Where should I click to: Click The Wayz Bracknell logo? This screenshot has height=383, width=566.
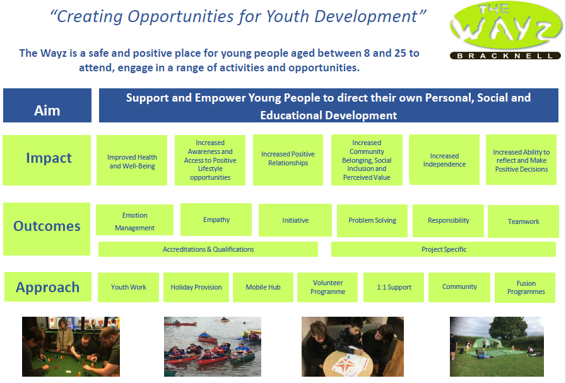pos(505,30)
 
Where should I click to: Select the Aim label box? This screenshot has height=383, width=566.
pos(47,105)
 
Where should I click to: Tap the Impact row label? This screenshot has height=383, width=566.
pos(47,160)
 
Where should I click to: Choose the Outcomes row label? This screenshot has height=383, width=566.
pos(47,229)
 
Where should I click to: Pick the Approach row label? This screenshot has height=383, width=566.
pos(48,287)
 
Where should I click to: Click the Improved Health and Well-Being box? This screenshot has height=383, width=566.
pos(132,160)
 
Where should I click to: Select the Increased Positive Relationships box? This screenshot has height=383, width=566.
pos(288,160)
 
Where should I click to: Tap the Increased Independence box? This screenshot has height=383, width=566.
pos(444,160)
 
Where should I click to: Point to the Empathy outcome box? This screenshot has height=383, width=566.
pos(216,220)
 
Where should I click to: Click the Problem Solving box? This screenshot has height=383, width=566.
pos(372,221)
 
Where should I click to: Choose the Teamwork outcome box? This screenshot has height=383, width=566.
pos(523,221)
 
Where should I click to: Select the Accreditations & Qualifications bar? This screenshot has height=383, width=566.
pos(208,249)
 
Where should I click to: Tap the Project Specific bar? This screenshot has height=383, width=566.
pos(444,249)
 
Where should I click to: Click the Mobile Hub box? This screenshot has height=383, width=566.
pos(263,287)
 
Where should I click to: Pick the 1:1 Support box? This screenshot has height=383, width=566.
pos(394,287)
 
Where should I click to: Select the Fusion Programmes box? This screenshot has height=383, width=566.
pos(525,287)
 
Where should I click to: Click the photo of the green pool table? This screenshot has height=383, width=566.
pos(71,346)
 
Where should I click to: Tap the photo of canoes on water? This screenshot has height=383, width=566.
pos(213,346)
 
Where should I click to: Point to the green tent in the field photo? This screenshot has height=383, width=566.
pos(487,343)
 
